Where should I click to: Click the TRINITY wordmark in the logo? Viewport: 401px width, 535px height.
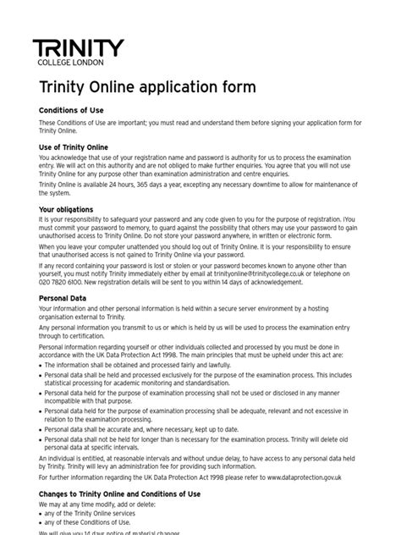(x=78, y=49)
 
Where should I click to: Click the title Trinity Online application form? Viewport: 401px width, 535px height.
(x=147, y=88)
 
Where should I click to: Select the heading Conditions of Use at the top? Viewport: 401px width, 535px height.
(x=75, y=110)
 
